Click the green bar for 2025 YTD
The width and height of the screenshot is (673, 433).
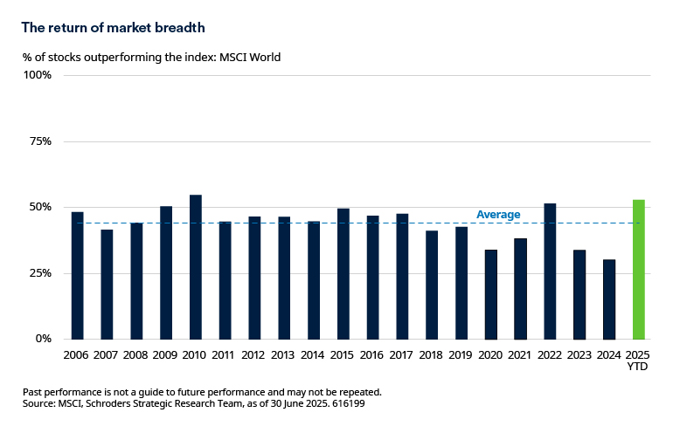(x=638, y=270)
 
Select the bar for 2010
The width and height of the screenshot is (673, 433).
(x=196, y=267)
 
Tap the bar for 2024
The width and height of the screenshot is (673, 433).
(x=608, y=299)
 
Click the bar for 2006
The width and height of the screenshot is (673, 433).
(x=77, y=276)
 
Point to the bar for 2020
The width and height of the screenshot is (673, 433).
(x=490, y=294)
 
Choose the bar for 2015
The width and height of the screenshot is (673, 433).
(x=343, y=274)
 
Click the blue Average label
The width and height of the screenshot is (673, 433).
(x=498, y=215)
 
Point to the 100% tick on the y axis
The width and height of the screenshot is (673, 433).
(x=38, y=75)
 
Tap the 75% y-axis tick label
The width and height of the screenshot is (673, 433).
(x=40, y=141)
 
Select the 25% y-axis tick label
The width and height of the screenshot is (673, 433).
(x=40, y=273)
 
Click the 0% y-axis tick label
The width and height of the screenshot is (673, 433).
(x=43, y=339)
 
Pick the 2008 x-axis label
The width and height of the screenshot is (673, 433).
(x=136, y=356)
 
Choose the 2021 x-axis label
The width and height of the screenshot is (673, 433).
(x=520, y=356)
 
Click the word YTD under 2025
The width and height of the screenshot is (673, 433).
(x=638, y=368)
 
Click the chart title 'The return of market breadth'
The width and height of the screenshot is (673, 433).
(x=113, y=27)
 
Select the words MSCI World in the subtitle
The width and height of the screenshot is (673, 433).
(x=250, y=58)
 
